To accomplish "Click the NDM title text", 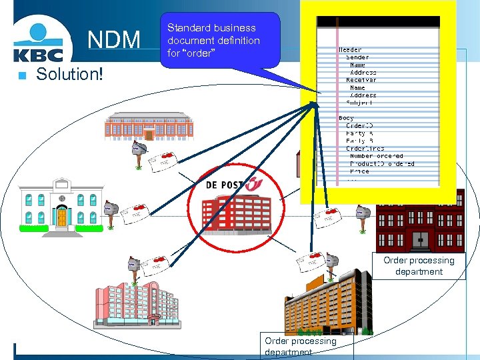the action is pyautogui.click(x=114, y=40).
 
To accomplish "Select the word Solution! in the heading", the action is pyautogui.click(x=70, y=73).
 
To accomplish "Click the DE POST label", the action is pyautogui.click(x=225, y=184).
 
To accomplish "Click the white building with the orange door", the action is pyautogui.click(x=61, y=203).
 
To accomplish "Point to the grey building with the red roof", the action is pyautogui.click(x=149, y=127).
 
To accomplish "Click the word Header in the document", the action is pyautogui.click(x=351, y=50).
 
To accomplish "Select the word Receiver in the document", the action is pyautogui.click(x=361, y=80).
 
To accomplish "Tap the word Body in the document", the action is pyautogui.click(x=346, y=117).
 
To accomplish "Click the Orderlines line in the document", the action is pyautogui.click(x=365, y=148).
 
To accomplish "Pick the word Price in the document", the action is pyautogui.click(x=359, y=171).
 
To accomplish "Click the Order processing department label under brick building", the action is pyautogui.click(x=419, y=266).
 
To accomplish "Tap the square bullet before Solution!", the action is pyautogui.click(x=22, y=75).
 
